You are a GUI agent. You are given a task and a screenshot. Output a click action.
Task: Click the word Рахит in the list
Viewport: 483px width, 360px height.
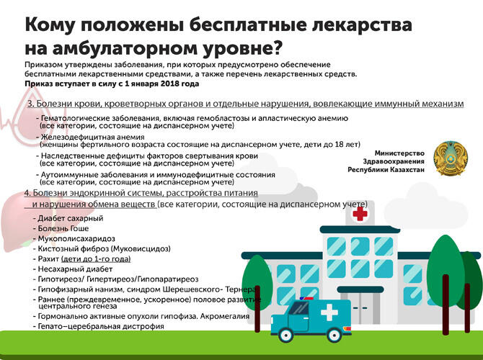point(47,258)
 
